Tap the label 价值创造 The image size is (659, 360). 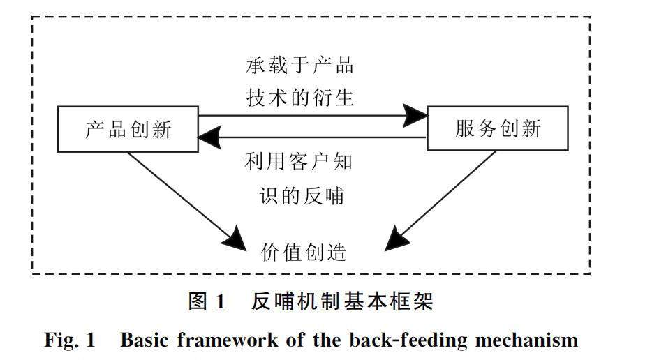click(x=304, y=252)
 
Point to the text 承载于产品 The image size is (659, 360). click(x=299, y=66)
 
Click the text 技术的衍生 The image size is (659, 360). click(x=299, y=98)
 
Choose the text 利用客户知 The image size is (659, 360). click(x=298, y=162)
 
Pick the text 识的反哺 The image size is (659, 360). click(x=302, y=196)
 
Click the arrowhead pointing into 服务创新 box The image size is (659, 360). click(x=415, y=115)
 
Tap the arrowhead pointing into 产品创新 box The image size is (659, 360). click(x=209, y=137)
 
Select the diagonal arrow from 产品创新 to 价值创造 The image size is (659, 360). click(x=187, y=202)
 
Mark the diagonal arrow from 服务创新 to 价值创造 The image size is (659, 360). click(x=440, y=201)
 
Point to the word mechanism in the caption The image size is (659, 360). click(x=526, y=340)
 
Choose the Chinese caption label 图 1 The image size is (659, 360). click(x=207, y=301)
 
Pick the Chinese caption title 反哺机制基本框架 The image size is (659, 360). click(x=342, y=301)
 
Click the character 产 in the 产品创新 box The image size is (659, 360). click(x=94, y=129)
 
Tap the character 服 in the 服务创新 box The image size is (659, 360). click(x=465, y=128)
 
